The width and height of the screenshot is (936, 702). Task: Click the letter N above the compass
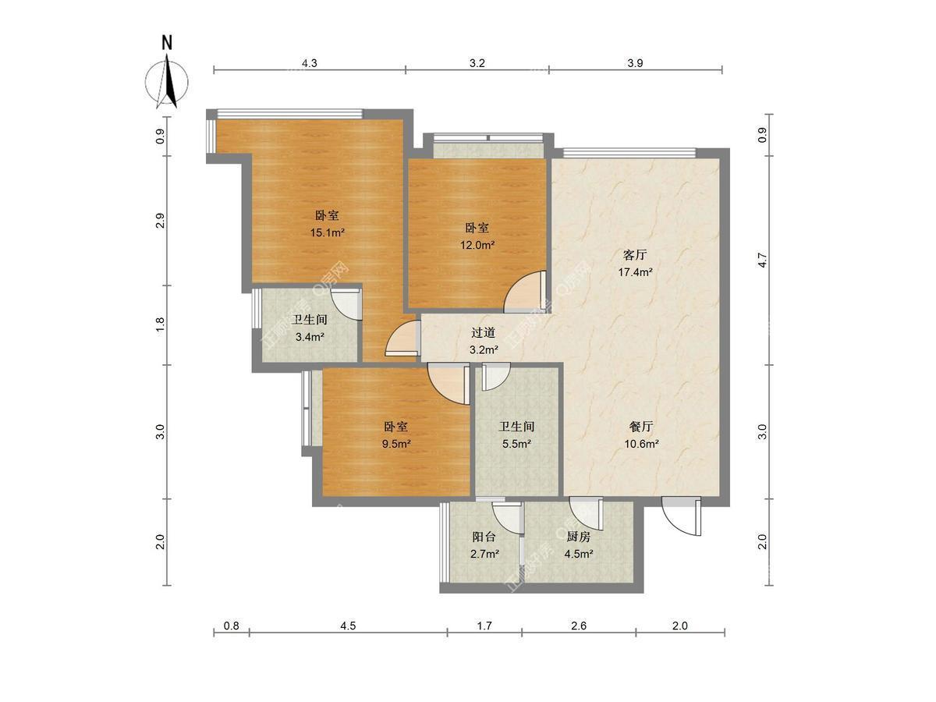(167, 43)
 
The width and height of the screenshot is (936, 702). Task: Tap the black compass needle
(171, 83)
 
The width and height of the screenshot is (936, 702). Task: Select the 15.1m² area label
(327, 232)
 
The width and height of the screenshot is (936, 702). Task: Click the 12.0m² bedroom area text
(477, 245)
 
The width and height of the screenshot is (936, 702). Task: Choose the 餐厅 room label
(641, 427)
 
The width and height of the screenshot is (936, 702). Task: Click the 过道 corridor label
(483, 332)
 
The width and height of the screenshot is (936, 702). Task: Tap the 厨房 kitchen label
(578, 537)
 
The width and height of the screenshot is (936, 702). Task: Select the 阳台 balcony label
(484, 537)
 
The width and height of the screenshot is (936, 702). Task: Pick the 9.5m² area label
(396, 444)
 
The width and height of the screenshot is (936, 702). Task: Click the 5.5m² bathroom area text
(516, 444)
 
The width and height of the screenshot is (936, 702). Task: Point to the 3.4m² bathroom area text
(310, 337)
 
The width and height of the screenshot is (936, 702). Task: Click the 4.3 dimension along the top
(310, 63)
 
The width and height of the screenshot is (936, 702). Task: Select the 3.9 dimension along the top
(635, 63)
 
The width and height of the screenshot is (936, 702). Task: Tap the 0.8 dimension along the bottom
(231, 626)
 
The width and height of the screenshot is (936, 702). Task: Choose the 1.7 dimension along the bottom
(484, 626)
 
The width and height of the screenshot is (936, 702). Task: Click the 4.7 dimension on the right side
(762, 260)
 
